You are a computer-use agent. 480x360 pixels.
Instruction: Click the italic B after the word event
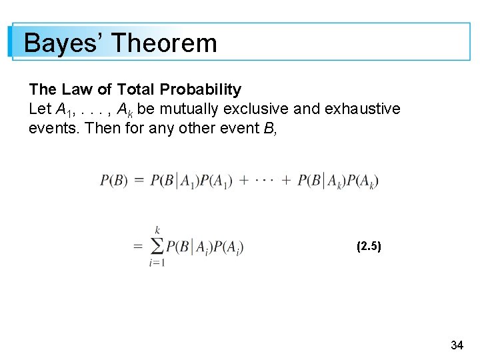(270, 127)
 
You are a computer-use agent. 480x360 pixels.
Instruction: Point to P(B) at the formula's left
(113, 181)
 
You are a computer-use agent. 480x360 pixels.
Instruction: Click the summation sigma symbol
(157, 246)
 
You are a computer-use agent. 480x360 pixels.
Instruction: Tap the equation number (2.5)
(369, 246)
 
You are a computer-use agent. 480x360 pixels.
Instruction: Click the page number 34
(457, 345)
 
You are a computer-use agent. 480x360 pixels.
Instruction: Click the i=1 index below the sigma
(157, 263)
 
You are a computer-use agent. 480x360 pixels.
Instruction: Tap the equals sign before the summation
(138, 247)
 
